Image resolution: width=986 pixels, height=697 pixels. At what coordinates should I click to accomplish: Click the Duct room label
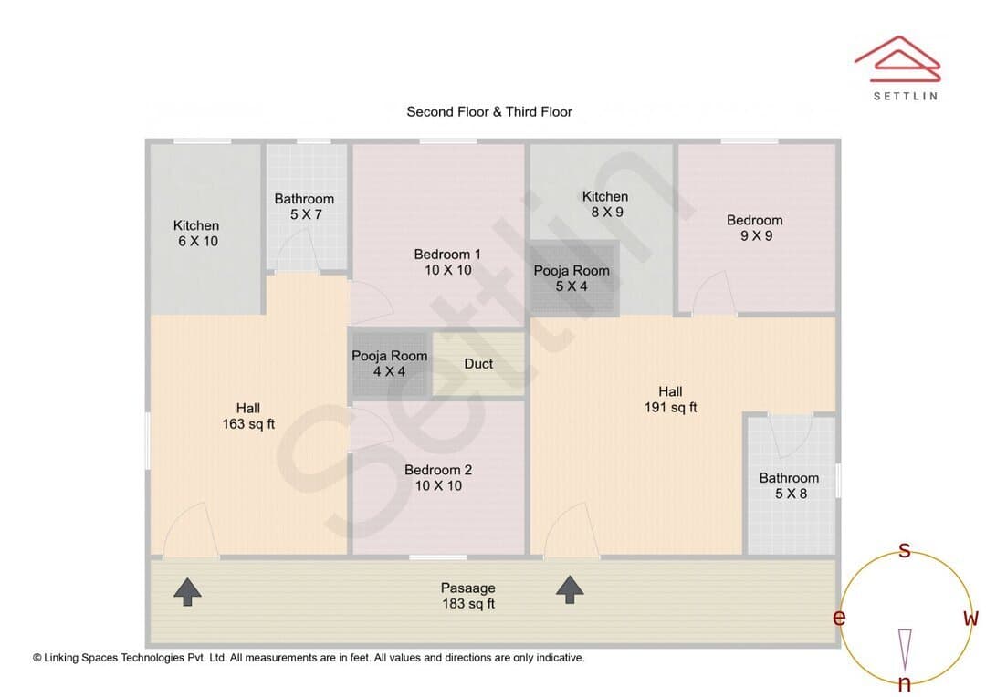pyautogui.click(x=477, y=364)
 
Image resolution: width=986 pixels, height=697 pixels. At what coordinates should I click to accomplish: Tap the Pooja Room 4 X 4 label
pyautogui.click(x=389, y=364)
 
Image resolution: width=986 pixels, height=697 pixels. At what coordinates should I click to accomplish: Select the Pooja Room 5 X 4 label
pyautogui.click(x=571, y=278)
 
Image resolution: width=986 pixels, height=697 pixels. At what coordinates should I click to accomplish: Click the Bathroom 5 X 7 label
pyautogui.click(x=304, y=207)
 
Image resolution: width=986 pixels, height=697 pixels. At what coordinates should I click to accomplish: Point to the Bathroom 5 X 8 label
pyautogui.click(x=789, y=486)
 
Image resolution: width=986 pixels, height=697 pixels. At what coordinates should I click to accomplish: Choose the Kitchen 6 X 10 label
pyautogui.click(x=197, y=234)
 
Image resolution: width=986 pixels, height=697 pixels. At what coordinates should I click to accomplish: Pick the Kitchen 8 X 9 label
pyautogui.click(x=605, y=204)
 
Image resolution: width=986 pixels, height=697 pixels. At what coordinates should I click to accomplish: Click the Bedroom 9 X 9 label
pyautogui.click(x=755, y=227)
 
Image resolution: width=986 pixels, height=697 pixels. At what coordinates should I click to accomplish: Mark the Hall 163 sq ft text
pyautogui.click(x=248, y=416)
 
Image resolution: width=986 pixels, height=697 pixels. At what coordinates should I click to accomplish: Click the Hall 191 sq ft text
pyautogui.click(x=670, y=399)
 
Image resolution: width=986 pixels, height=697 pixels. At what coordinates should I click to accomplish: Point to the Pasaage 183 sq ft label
pyautogui.click(x=467, y=596)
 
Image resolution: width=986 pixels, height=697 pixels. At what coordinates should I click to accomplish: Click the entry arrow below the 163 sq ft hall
pyautogui.click(x=187, y=592)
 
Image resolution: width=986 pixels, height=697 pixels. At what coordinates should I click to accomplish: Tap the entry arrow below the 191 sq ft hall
pyautogui.click(x=570, y=589)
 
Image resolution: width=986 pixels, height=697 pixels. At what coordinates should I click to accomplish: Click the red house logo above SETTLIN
pyautogui.click(x=897, y=59)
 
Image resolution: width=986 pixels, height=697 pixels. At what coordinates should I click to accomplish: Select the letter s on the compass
pyautogui.click(x=905, y=550)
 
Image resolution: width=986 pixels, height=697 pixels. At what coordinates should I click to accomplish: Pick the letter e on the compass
pyautogui.click(x=839, y=618)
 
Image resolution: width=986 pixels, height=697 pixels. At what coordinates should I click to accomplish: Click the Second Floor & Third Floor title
pyautogui.click(x=489, y=112)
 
